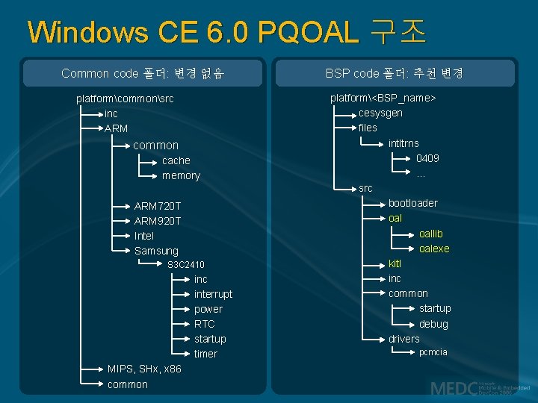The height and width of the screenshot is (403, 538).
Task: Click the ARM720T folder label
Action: pyautogui.click(x=157, y=206)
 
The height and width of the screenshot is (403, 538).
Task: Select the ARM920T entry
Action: pyautogui.click(x=157, y=221)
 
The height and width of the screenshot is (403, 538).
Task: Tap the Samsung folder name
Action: pyautogui.click(x=156, y=251)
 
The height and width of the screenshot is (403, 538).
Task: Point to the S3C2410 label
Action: pyautogui.click(x=185, y=265)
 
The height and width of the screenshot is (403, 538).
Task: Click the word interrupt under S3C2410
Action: pyautogui.click(x=213, y=294)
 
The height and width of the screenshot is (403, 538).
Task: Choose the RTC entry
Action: pyautogui.click(x=204, y=324)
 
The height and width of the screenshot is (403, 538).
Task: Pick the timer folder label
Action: pyautogui.click(x=205, y=354)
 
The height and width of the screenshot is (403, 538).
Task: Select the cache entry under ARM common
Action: pyautogui.click(x=176, y=160)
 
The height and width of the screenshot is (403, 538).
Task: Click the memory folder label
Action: pyautogui.click(x=181, y=175)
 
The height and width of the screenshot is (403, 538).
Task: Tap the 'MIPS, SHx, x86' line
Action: pyautogui.click(x=144, y=369)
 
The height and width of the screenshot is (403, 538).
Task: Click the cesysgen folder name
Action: pyautogui.click(x=380, y=113)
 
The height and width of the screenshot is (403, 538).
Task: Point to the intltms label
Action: pyautogui.click(x=403, y=143)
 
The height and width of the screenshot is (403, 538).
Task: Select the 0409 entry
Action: pyautogui.click(x=427, y=158)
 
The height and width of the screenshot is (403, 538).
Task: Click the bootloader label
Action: pyautogui.click(x=412, y=203)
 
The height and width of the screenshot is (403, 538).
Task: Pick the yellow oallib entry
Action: pyautogui.click(x=430, y=234)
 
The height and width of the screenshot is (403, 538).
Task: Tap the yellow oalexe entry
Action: pyautogui.click(x=434, y=249)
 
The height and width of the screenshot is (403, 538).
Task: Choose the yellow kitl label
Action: pyautogui.click(x=395, y=263)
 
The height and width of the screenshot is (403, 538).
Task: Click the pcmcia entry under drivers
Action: pyautogui.click(x=433, y=352)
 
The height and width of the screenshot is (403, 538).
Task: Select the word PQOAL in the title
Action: pyautogui.click(x=308, y=32)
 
